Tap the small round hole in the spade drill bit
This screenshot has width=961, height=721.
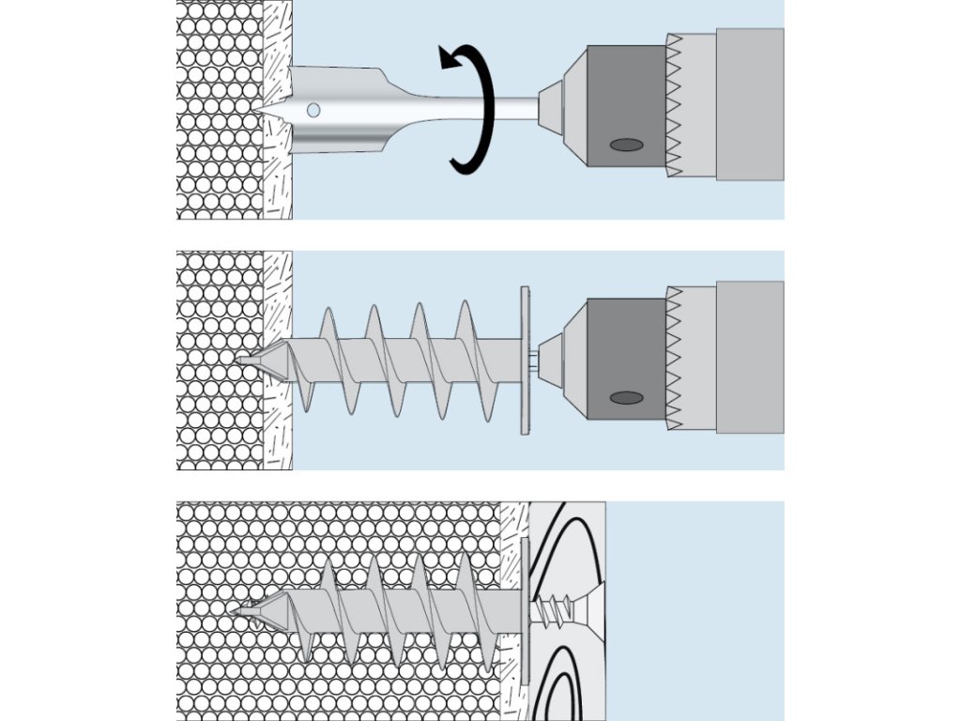[313, 111]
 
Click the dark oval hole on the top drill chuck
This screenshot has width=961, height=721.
[627, 145]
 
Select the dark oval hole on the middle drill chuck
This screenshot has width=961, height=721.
[627, 398]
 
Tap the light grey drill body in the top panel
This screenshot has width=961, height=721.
[749, 103]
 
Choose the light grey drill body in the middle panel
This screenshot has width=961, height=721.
[749, 357]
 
